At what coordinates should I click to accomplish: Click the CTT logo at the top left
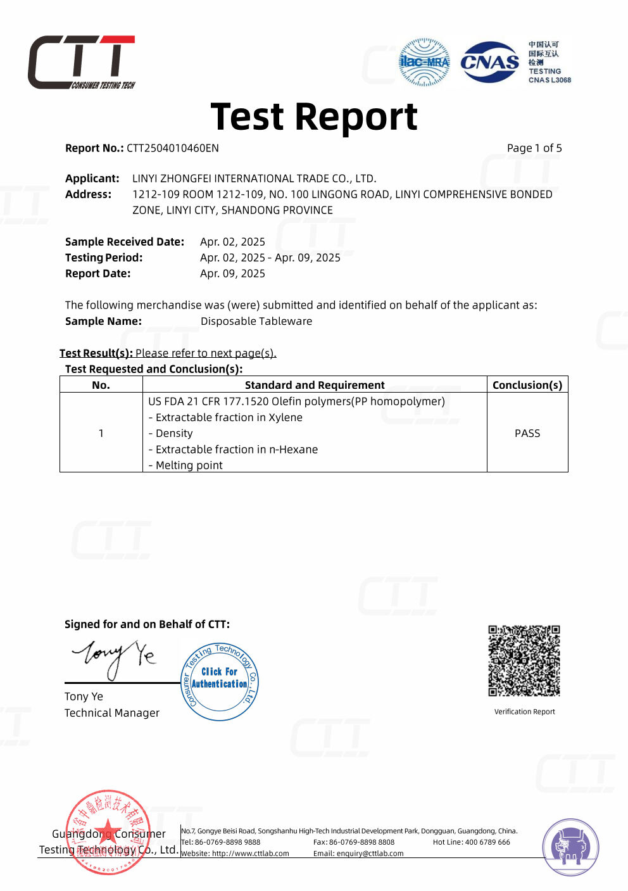pos(81,62)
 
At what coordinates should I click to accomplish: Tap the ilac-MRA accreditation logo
pos(424,62)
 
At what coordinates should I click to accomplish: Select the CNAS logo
pos(489,62)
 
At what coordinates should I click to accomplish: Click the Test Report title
pos(313,117)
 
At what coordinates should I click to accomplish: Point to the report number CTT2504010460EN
pos(172,148)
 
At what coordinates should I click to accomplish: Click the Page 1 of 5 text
pos(534,148)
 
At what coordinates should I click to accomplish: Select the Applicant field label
pos(92,179)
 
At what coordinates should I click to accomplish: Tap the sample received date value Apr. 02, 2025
pos(232,242)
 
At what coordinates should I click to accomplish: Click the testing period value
pos(270,258)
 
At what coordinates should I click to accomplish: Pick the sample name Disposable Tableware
pos(256,321)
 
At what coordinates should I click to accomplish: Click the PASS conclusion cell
pos(527,433)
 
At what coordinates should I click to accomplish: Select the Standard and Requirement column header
pos(314,385)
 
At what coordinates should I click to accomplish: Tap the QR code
pos(524,660)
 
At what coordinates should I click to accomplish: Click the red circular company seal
pos(108,831)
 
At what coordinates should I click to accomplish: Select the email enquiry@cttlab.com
pos(358,854)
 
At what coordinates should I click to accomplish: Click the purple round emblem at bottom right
pos(570,847)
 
